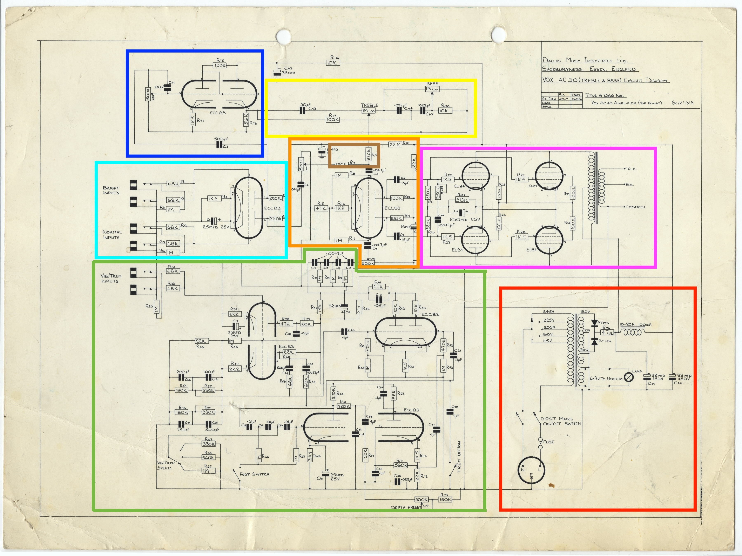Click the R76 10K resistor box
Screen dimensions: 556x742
pyautogui.click(x=332, y=63)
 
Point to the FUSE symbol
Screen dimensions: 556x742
pyautogui.click(x=540, y=443)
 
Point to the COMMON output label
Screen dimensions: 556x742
pyautogui.click(x=635, y=207)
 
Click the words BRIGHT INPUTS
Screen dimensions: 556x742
pyautogui.click(x=111, y=190)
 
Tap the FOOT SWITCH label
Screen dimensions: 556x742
pyautogui.click(x=254, y=474)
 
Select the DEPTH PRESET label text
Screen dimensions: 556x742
pyautogui.click(x=406, y=507)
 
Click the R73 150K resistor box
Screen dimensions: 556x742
pyautogui.click(x=445, y=500)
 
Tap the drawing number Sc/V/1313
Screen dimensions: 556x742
pyautogui.click(x=682, y=103)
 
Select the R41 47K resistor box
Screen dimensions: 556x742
pyautogui.click(x=378, y=287)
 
